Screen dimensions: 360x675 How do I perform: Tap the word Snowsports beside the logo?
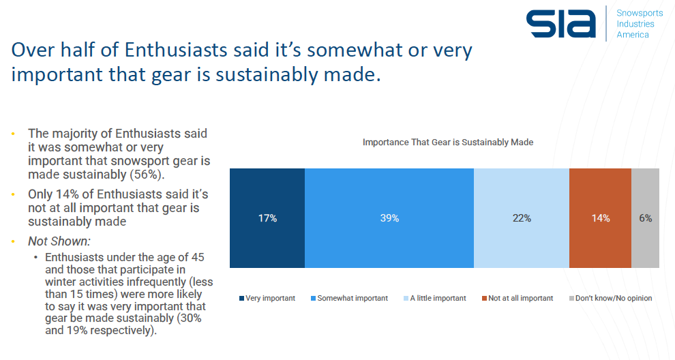pyautogui.click(x=640, y=13)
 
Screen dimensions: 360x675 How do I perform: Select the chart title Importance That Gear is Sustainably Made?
pyautogui.click(x=447, y=142)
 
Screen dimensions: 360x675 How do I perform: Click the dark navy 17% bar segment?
pyautogui.click(x=267, y=218)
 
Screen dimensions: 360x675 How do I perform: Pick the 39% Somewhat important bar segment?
pyautogui.click(x=389, y=218)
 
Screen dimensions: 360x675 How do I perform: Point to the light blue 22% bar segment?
pyautogui.click(x=522, y=218)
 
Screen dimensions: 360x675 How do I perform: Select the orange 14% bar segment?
pyautogui.click(x=600, y=218)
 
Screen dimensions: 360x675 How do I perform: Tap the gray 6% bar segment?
pyautogui.click(x=646, y=218)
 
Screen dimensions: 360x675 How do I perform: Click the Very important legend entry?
pyautogui.click(x=269, y=298)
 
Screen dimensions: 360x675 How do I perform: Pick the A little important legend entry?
pyautogui.click(x=437, y=298)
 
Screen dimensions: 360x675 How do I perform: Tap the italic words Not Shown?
pyautogui.click(x=59, y=241)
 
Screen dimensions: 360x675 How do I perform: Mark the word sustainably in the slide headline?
pyautogui.click(x=270, y=74)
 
